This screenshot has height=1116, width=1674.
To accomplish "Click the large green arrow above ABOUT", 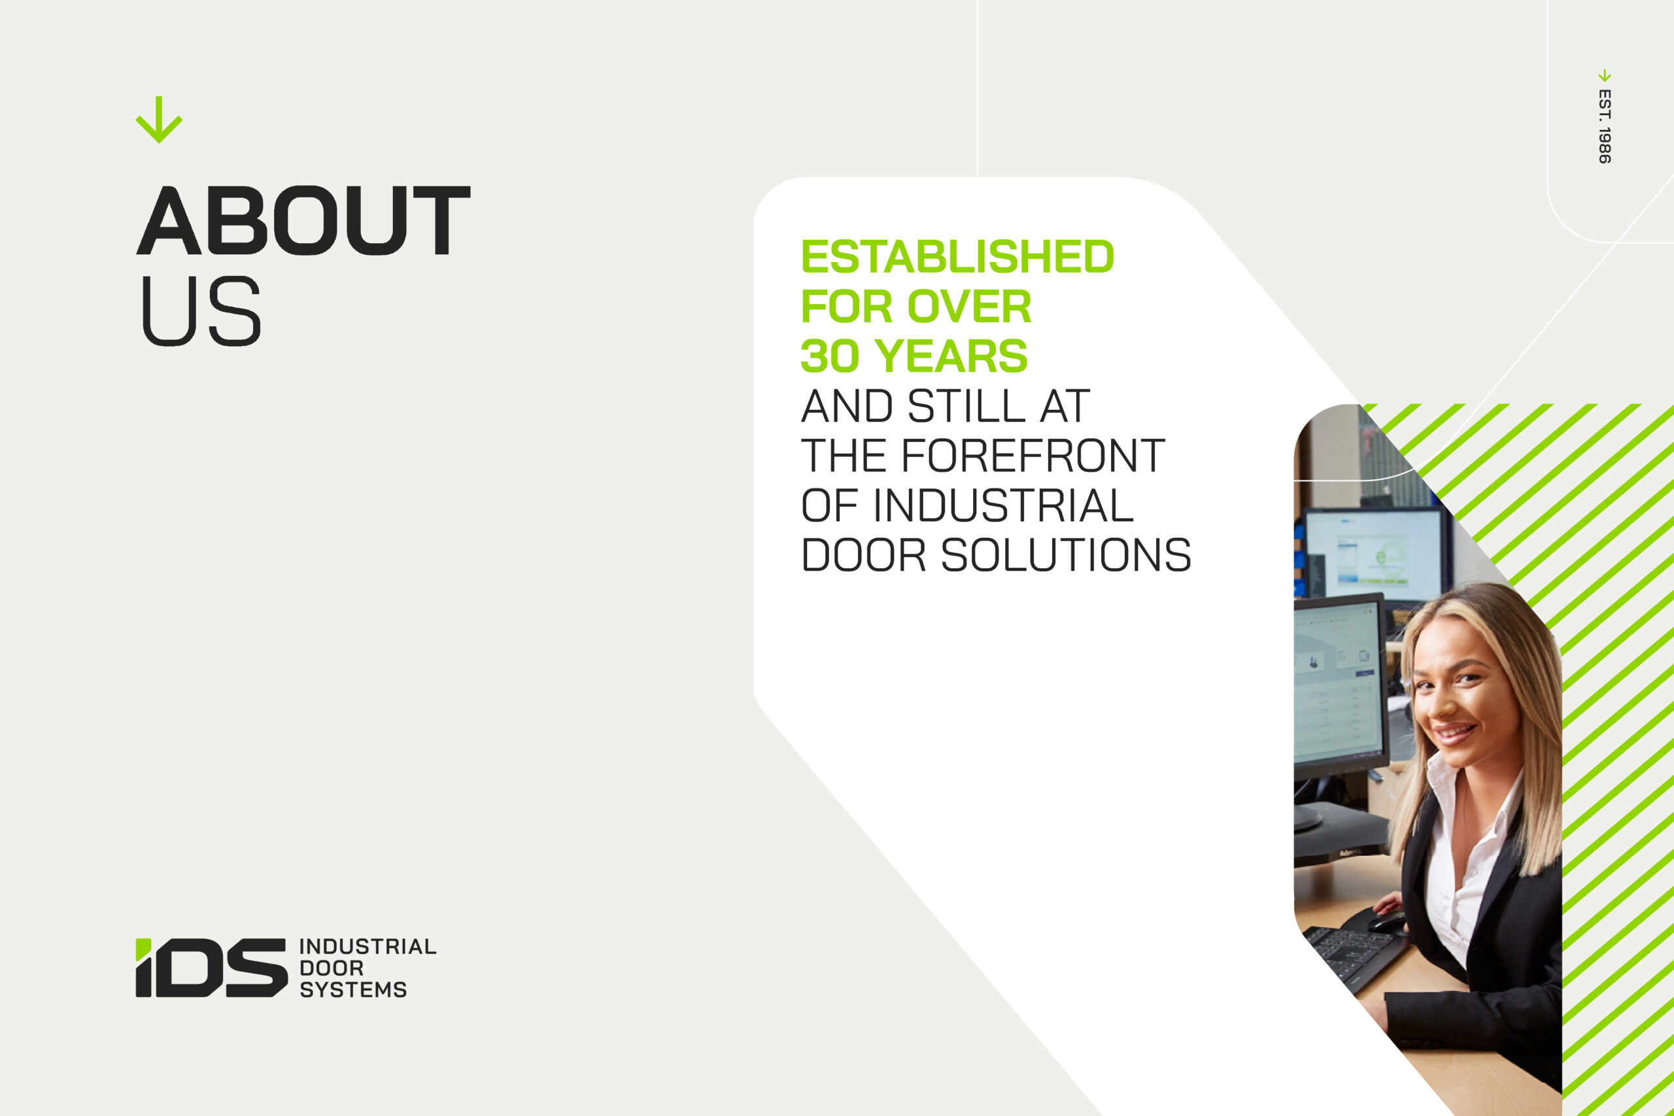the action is (x=159, y=120).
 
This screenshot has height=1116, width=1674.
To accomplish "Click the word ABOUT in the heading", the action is (x=303, y=220).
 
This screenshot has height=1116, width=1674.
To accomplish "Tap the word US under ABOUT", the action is (x=201, y=311).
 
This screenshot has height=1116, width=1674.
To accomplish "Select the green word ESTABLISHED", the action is (x=957, y=256).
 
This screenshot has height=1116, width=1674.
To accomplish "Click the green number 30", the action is (x=830, y=356).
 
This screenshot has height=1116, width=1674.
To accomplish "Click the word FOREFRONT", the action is (x=1033, y=456).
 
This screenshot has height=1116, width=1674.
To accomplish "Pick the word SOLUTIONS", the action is (x=1066, y=555).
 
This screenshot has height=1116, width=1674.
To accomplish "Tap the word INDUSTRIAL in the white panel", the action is (x=1003, y=505).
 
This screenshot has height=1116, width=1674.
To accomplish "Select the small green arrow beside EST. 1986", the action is (x=1604, y=75).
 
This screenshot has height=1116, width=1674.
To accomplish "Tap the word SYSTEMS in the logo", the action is (x=353, y=989).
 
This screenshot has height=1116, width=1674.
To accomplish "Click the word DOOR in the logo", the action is (x=332, y=968).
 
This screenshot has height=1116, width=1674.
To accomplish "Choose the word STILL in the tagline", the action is (x=967, y=406).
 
